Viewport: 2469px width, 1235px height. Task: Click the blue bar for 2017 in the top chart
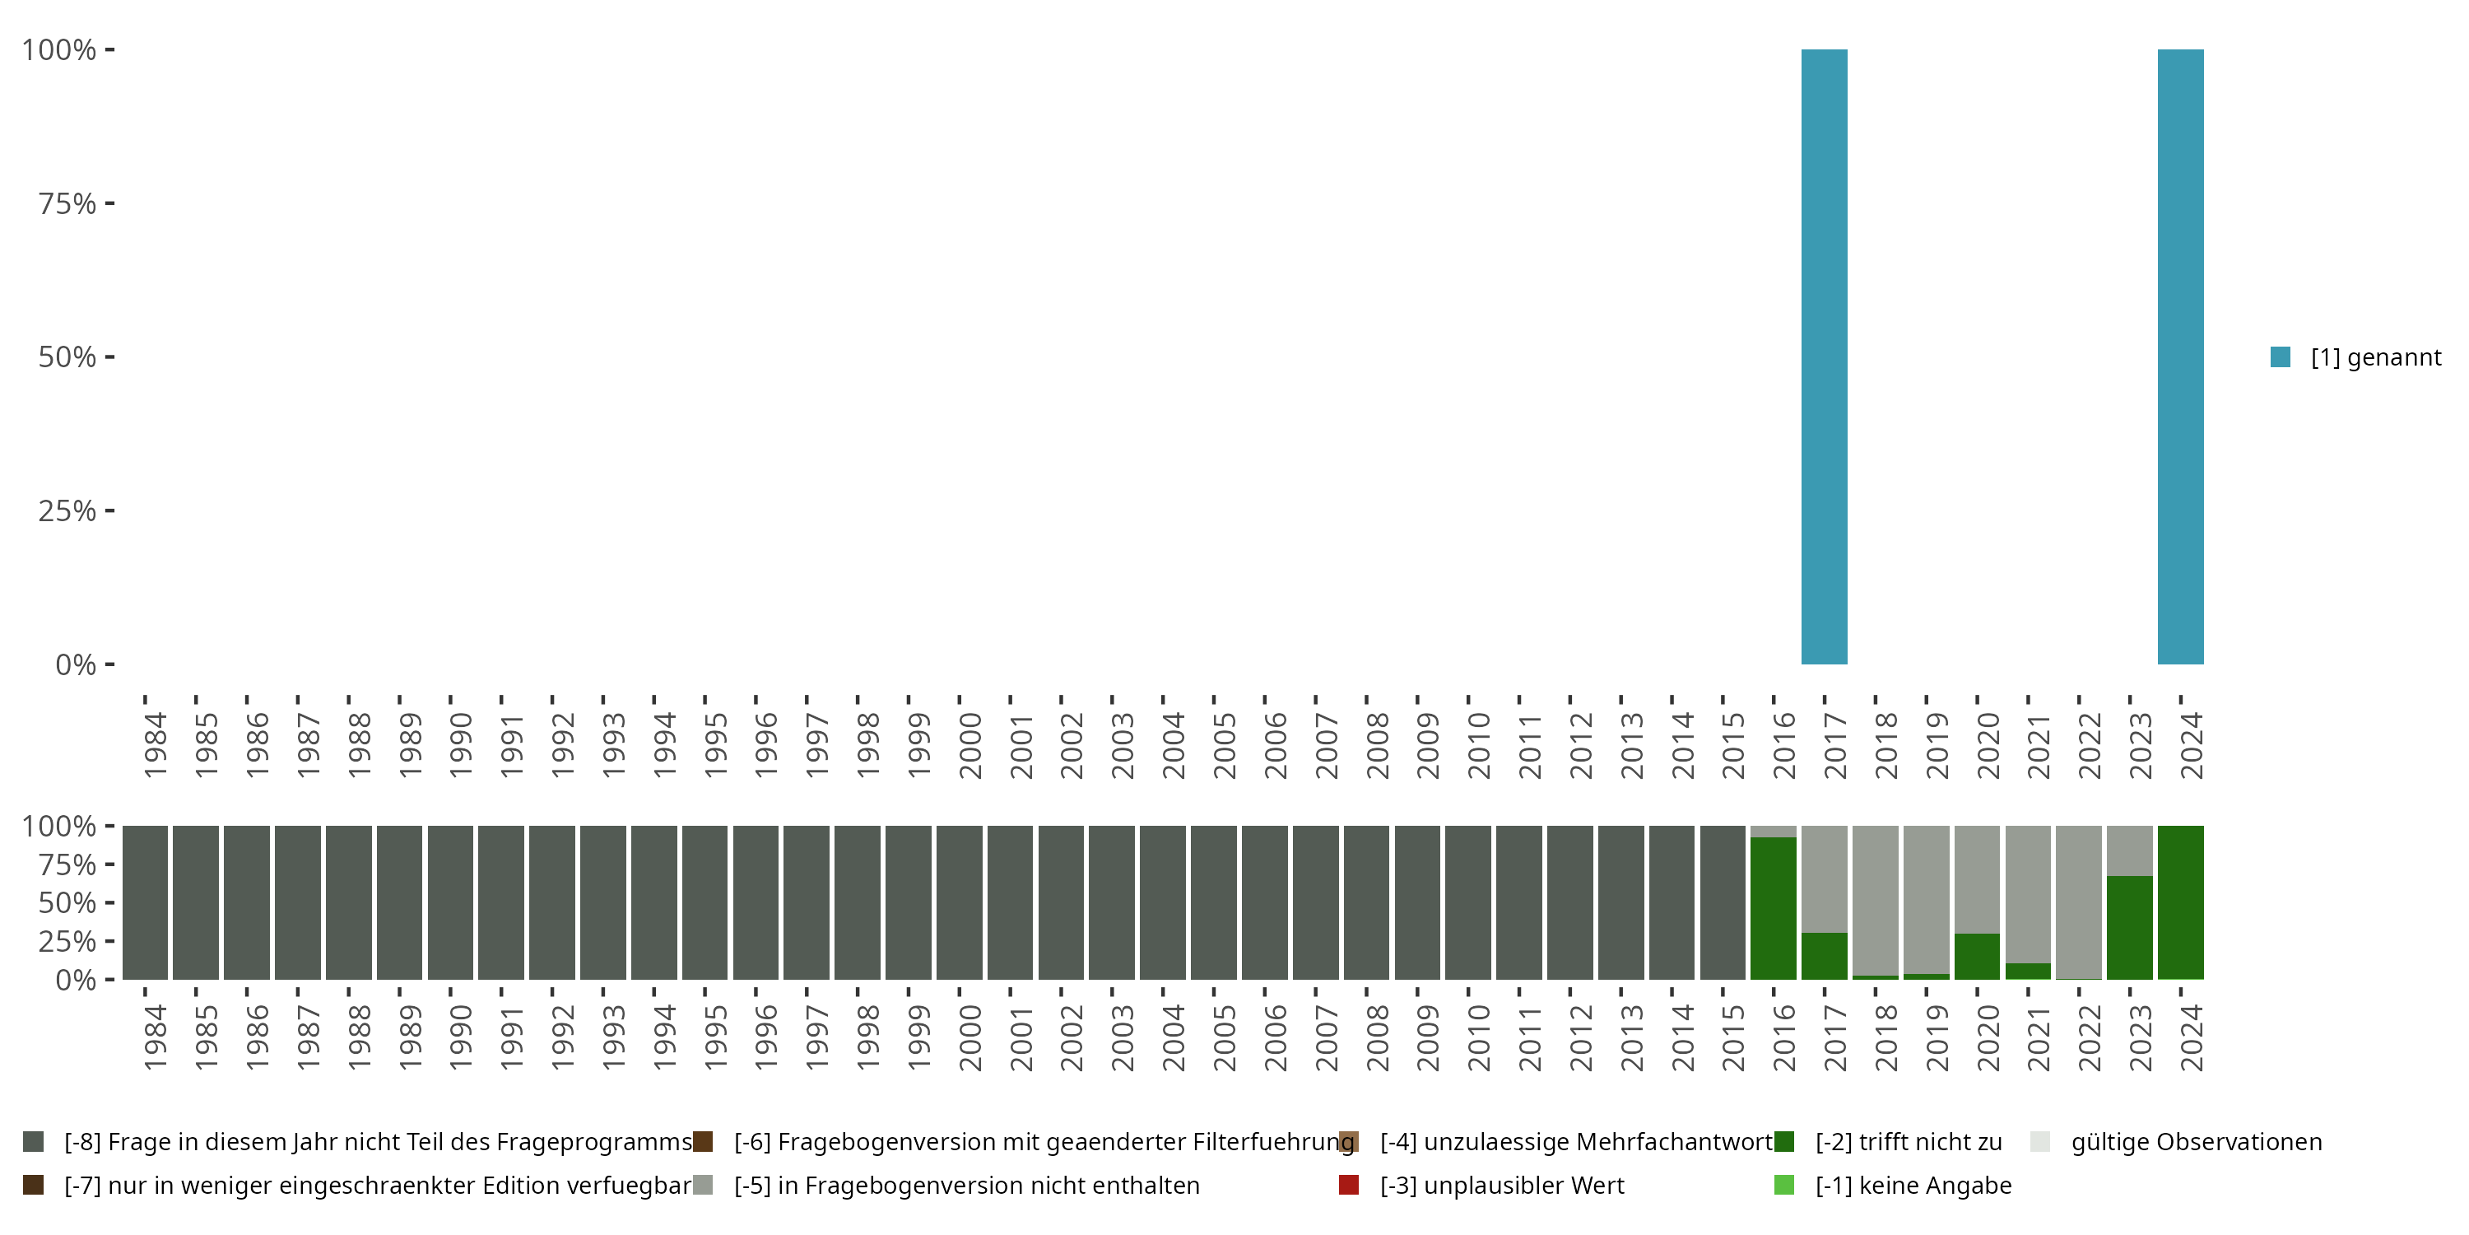1824,356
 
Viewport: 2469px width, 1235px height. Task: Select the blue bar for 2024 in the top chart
2180,356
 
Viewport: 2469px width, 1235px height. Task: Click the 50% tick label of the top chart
67,357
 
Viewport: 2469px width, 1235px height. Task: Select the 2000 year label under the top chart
970,745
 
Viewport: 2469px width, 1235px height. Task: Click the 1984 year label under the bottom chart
156,1037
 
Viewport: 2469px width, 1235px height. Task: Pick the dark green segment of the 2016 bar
1774,908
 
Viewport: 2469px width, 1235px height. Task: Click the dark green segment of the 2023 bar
2130,927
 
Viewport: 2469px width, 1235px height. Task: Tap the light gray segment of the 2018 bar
1875,899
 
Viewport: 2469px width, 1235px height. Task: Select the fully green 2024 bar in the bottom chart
2180,902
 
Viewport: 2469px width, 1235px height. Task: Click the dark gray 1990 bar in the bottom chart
450,902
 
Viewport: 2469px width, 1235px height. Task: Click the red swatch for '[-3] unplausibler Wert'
1349,1185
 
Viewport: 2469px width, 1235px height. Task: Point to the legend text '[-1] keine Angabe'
1913,1185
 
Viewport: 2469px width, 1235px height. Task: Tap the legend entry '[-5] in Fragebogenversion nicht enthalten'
966,1185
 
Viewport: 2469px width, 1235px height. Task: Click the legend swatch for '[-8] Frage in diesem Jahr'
34,1142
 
